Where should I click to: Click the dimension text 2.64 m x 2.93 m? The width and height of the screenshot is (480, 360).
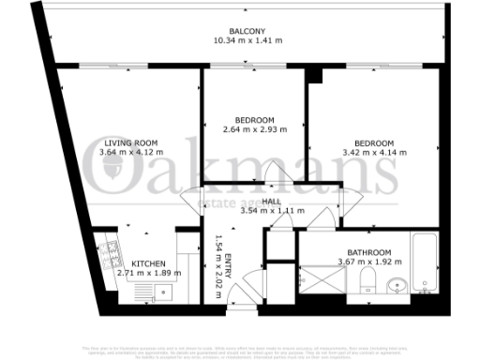click(x=254, y=130)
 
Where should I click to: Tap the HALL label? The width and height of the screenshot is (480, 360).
click(x=272, y=202)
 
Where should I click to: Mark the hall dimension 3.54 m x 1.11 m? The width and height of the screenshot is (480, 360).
click(x=272, y=212)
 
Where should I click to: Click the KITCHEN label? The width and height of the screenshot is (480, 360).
click(x=149, y=262)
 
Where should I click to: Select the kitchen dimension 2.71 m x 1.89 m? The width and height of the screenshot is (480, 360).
click(x=149, y=273)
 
